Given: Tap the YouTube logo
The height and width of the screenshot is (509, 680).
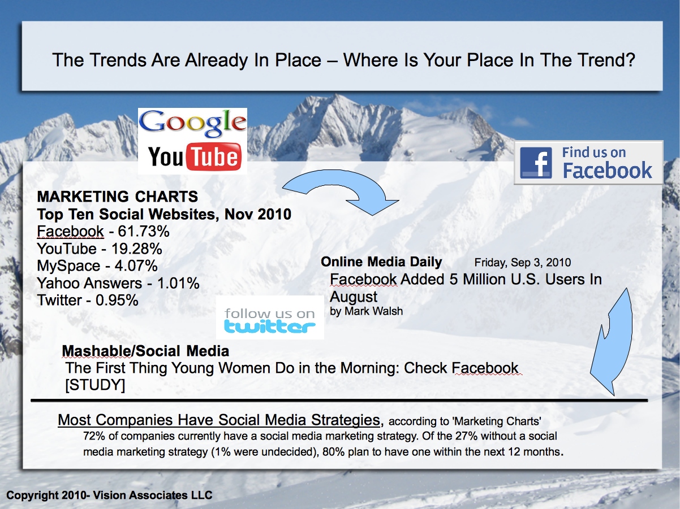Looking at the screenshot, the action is (195, 156).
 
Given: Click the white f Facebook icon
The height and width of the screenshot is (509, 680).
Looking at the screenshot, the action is (536, 163).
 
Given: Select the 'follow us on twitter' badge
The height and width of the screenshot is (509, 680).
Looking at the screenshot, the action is (270, 318).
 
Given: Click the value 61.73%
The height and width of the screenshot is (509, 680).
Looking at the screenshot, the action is (144, 231).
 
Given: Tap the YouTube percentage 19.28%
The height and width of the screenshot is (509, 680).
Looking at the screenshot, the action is (136, 249).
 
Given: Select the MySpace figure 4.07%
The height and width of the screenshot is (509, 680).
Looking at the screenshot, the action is (136, 266).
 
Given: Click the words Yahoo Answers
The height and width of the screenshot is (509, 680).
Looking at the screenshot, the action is (89, 283).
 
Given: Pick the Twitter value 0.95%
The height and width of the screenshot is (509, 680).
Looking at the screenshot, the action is (117, 301).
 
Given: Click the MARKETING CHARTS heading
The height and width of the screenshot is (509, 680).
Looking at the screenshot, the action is (118, 197).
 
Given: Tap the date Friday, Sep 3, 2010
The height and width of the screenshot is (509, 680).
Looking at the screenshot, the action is (522, 263).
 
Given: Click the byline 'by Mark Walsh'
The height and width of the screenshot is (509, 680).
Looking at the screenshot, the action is (366, 311).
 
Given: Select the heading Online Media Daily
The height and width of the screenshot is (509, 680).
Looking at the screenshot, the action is (381, 262).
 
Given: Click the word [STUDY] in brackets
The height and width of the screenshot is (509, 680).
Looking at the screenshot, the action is (95, 385).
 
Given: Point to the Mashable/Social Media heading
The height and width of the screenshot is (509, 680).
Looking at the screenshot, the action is (145, 351).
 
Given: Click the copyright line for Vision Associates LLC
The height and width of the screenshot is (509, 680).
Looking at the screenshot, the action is (109, 495).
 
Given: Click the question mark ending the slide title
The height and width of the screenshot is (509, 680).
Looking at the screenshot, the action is (629, 60).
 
